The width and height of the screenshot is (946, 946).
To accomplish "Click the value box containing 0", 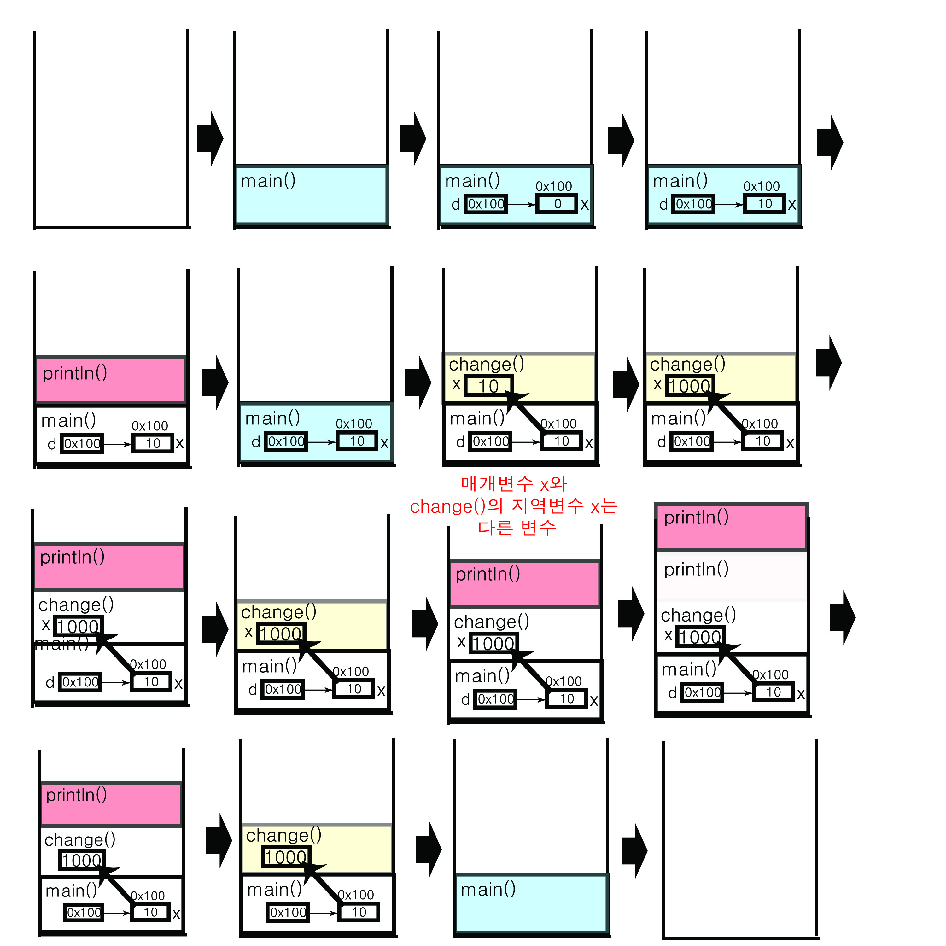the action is pos(557,204).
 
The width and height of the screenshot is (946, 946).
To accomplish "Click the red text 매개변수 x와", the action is pos(514,484).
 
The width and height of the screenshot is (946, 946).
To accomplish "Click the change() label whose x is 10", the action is pos(486,364).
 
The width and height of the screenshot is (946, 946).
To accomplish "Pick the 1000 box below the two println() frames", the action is pos(700,637).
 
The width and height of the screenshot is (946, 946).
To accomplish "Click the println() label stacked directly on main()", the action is pos(74,373).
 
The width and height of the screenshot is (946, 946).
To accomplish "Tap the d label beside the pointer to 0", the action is pos(455,204).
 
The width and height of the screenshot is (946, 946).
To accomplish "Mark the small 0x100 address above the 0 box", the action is pos(553,186).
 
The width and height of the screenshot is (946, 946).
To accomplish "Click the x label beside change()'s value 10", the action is pos(456,384).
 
